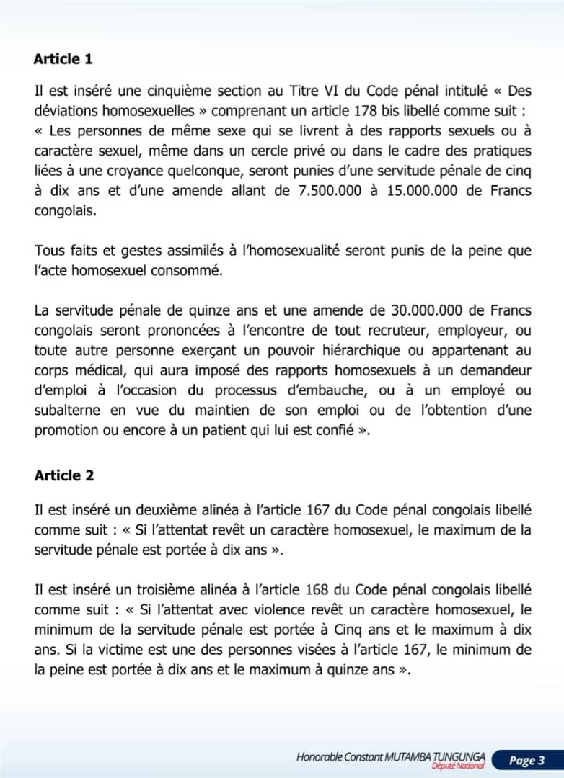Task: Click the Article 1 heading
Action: pyautogui.click(x=63, y=59)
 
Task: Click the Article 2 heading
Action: pyautogui.click(x=63, y=476)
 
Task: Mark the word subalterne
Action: pyautogui.click(x=67, y=411)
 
